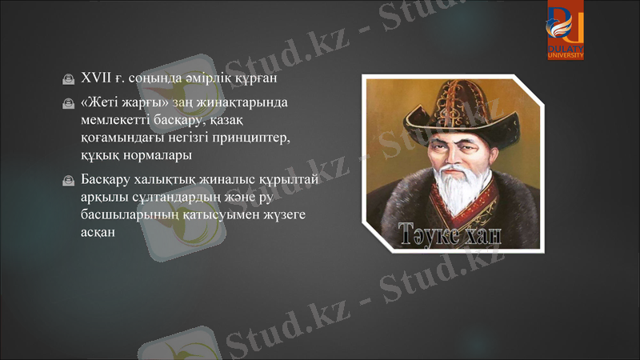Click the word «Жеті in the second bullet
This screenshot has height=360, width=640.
pyautogui.click(x=101, y=103)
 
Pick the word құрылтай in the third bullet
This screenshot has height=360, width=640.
pyautogui.click(x=286, y=179)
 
